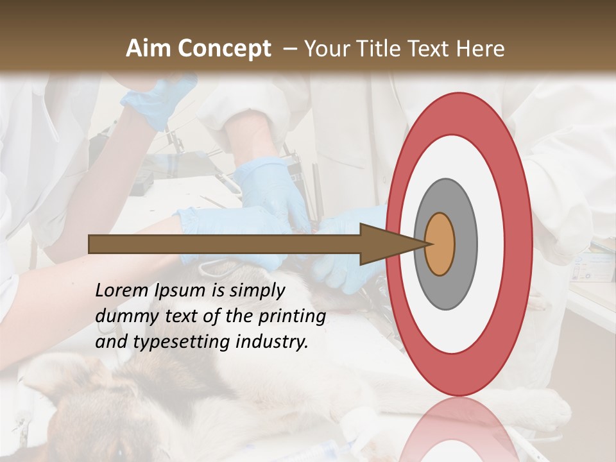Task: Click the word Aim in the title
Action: (148, 49)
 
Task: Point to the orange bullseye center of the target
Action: (440, 244)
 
